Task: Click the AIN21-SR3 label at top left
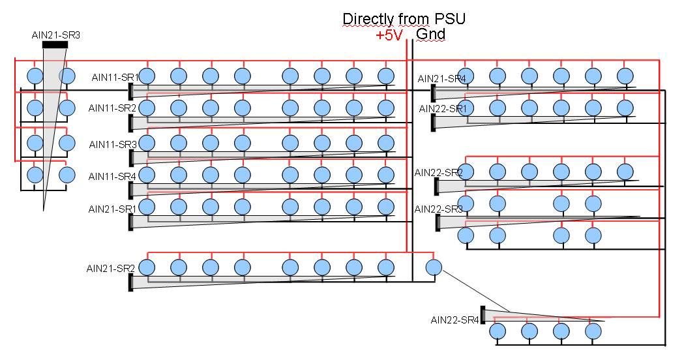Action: (x=55, y=35)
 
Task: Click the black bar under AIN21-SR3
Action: (x=55, y=45)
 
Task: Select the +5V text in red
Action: (x=389, y=36)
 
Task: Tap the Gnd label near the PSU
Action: (x=430, y=34)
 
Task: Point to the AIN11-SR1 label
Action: (x=115, y=78)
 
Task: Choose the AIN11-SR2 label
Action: (x=112, y=108)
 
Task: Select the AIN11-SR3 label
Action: (x=112, y=143)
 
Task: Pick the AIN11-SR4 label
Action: (x=112, y=176)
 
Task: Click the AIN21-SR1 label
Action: (x=112, y=209)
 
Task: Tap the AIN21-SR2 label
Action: (x=110, y=268)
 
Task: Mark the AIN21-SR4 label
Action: (x=442, y=79)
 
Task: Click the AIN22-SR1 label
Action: (x=442, y=108)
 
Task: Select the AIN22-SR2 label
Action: (x=438, y=173)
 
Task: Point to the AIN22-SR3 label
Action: (x=438, y=209)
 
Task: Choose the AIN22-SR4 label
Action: (x=454, y=320)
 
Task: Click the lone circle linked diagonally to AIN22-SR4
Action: (x=434, y=267)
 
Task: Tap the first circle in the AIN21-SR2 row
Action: (x=147, y=267)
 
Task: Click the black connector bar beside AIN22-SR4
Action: (x=483, y=314)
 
